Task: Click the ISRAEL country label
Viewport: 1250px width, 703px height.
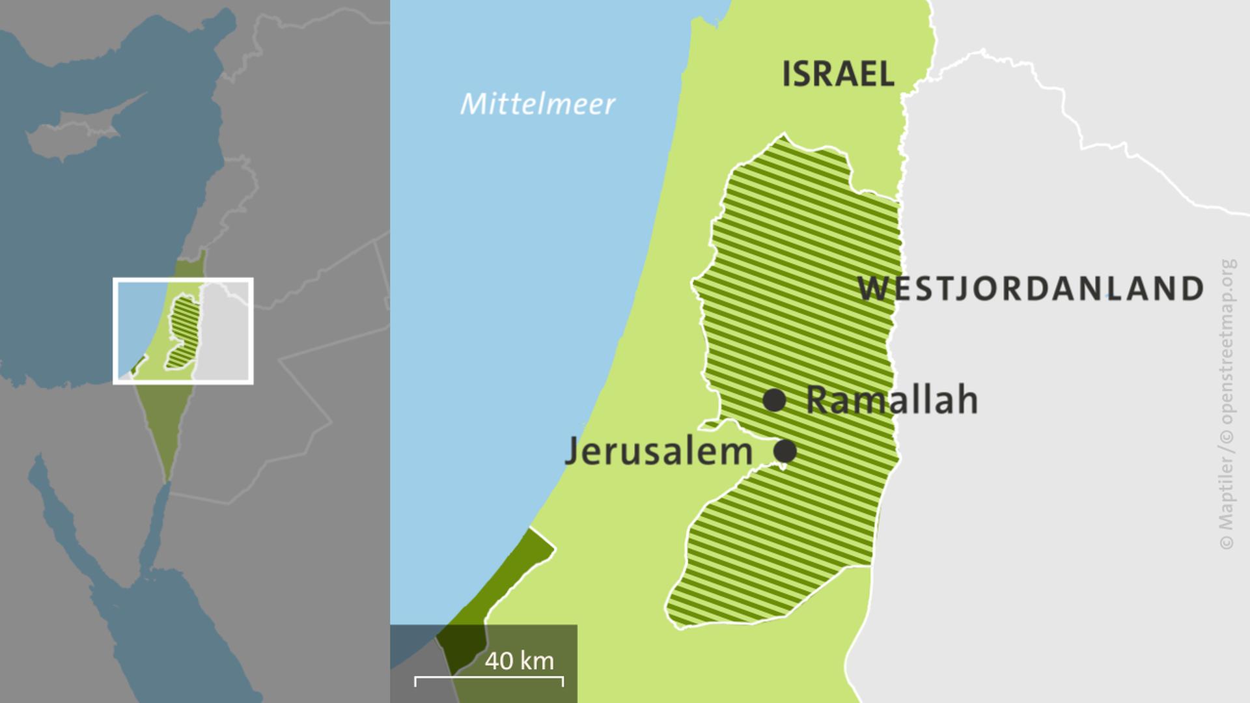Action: (x=838, y=74)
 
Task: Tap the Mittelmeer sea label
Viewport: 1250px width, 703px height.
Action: (x=537, y=104)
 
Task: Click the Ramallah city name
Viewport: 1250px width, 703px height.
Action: (x=892, y=400)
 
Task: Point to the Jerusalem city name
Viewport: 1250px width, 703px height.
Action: (x=658, y=451)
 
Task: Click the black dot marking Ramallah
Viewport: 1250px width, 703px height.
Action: (x=774, y=400)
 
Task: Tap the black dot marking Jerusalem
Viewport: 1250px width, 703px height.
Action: (x=785, y=450)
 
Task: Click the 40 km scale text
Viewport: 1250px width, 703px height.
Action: (x=519, y=661)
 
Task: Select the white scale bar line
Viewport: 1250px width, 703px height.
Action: (x=489, y=678)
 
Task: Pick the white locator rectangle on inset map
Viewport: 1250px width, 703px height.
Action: (x=183, y=281)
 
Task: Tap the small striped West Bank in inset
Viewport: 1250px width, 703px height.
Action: (x=183, y=331)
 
